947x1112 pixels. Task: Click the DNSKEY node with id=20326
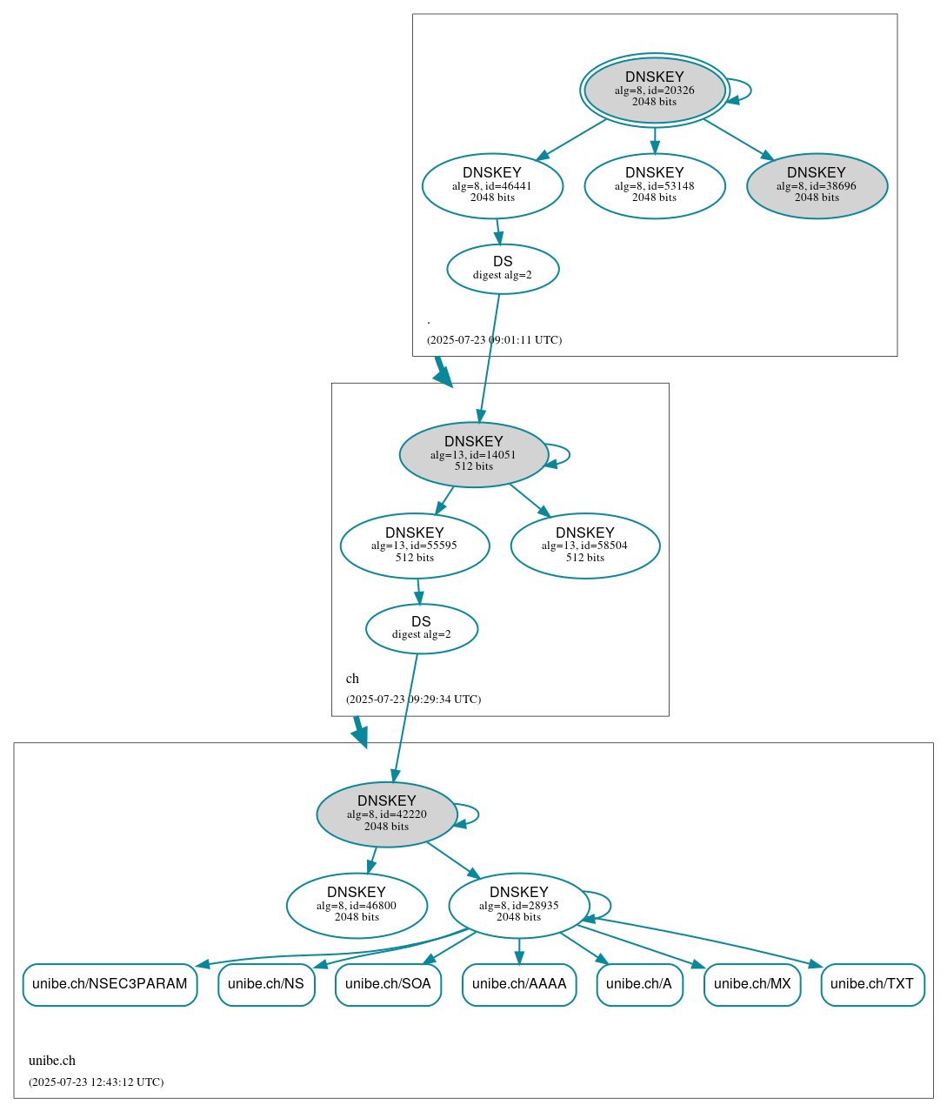click(654, 90)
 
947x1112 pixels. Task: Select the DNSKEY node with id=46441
click(492, 185)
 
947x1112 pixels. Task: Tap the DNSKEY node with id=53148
click(654, 185)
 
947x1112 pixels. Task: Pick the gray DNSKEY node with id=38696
click(817, 185)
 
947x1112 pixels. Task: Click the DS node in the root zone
click(503, 269)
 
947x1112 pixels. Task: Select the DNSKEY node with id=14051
click(473, 454)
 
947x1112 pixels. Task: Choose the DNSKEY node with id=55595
click(415, 546)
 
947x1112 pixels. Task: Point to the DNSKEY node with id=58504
click(585, 546)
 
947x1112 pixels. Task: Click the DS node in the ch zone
click(422, 628)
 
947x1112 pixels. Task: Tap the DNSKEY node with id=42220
click(387, 814)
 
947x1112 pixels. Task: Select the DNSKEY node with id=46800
click(357, 906)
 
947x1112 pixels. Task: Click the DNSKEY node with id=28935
click(519, 906)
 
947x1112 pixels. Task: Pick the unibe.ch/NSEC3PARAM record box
click(110, 984)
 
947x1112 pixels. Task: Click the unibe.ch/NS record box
click(266, 984)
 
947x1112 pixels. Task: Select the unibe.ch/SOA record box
click(388, 984)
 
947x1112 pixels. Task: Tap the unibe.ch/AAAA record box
click(519, 984)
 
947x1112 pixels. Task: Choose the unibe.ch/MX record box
click(752, 984)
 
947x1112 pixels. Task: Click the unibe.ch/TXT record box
click(872, 984)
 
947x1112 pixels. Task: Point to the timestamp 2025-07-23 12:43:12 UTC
click(96, 1082)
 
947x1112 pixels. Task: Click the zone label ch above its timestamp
click(352, 679)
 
